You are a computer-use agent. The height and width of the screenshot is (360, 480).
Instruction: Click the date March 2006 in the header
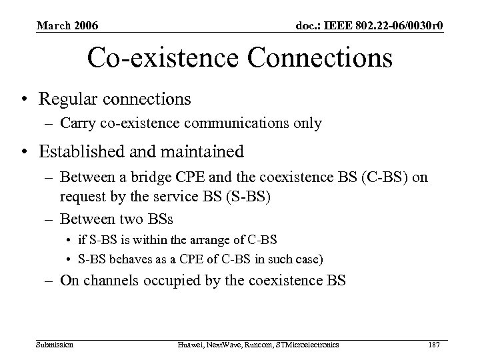[x=67, y=26]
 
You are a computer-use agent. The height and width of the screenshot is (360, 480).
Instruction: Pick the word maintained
[x=202, y=152]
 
